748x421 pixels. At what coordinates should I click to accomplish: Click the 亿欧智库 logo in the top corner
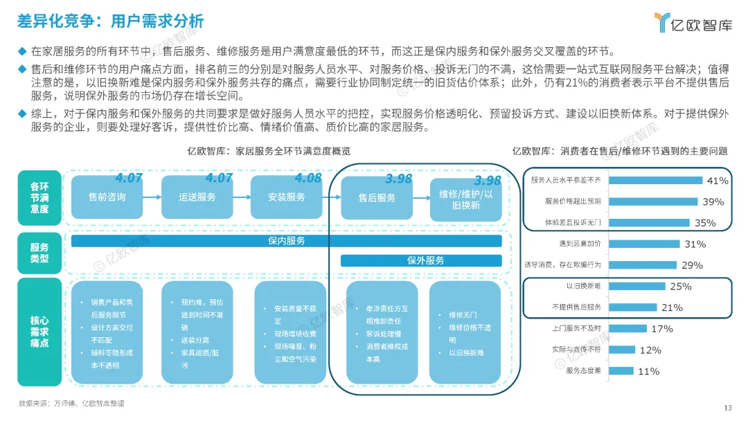click(693, 22)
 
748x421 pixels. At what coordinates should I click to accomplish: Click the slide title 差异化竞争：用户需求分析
click(111, 21)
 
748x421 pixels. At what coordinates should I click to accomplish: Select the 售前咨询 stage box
click(107, 197)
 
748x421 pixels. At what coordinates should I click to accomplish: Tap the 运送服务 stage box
click(197, 197)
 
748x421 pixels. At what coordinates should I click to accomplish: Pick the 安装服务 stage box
click(286, 197)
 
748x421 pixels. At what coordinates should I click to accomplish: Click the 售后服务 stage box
click(377, 197)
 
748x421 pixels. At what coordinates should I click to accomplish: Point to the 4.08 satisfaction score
click(308, 178)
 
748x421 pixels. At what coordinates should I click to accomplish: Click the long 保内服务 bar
click(286, 241)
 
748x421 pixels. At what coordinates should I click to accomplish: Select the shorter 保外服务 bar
click(421, 260)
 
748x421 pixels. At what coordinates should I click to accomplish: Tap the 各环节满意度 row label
click(39, 197)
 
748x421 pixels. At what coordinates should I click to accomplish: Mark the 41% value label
click(718, 181)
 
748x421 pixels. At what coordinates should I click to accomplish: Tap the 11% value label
click(648, 371)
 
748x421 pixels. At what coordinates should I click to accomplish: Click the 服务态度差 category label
click(582, 371)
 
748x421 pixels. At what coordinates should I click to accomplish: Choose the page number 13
click(727, 407)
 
